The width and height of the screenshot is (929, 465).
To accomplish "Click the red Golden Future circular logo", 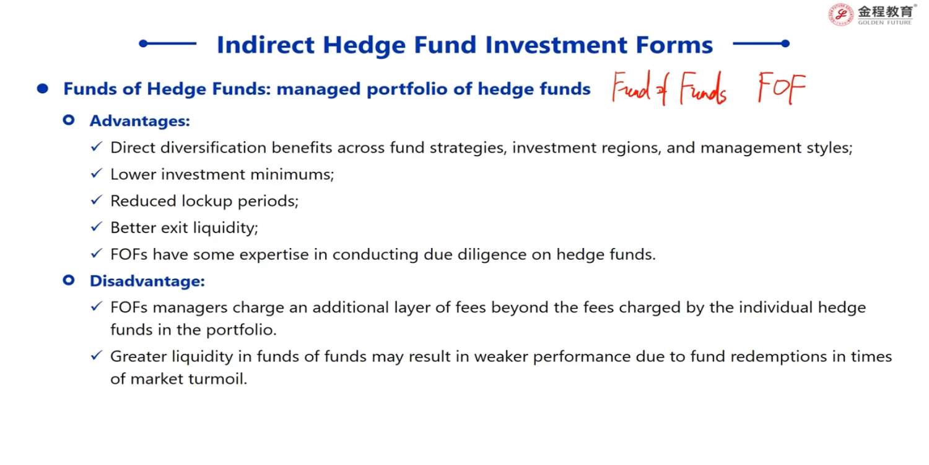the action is click(840, 14).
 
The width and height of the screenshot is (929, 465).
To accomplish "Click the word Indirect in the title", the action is click(266, 45).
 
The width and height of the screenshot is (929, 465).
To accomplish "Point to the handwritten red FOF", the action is click(782, 87).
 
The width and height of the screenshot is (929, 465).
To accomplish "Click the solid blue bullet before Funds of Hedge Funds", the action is click(42, 89).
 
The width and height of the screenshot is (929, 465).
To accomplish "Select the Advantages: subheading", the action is click(140, 121).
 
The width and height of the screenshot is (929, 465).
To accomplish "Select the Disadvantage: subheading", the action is click(147, 281).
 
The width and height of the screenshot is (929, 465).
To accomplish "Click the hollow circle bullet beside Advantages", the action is click(68, 120).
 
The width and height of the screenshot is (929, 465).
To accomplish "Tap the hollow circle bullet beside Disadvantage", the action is click(68, 280).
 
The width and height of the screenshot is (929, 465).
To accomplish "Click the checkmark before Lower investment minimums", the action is click(96, 173).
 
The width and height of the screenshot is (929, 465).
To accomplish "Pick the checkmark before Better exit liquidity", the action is click(96, 226).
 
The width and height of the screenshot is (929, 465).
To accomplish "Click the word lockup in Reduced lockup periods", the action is click(207, 201).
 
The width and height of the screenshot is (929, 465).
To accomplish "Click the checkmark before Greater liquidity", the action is click(96, 355).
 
